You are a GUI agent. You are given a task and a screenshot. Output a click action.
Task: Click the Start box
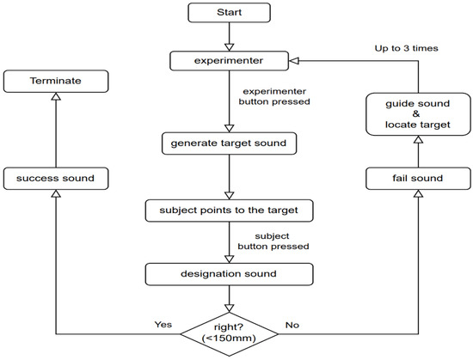[x=229, y=14]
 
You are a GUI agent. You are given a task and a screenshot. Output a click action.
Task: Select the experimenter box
[x=229, y=61]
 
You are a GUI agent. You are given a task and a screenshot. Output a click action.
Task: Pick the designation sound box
[x=229, y=275]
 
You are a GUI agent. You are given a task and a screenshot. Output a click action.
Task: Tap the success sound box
[x=55, y=179]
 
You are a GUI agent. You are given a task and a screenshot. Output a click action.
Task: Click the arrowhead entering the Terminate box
[x=55, y=98]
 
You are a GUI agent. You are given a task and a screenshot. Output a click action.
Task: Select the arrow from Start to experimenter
[x=229, y=37]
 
